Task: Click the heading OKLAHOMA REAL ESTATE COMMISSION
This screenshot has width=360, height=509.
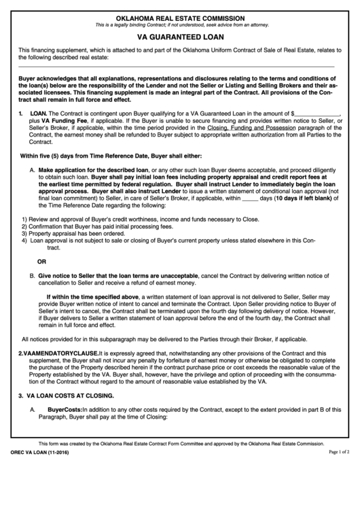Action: pos(180,17)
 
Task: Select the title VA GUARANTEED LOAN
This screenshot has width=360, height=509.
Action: pos(180,39)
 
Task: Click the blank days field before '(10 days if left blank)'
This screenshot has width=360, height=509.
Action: pos(250,198)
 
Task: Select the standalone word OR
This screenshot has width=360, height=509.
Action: pos(42,261)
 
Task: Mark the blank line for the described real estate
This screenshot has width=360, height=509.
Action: pos(176,67)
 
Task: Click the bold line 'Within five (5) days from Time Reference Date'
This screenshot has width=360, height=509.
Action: pos(111,155)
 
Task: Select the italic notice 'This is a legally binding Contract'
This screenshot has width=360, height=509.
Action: pos(180,25)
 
